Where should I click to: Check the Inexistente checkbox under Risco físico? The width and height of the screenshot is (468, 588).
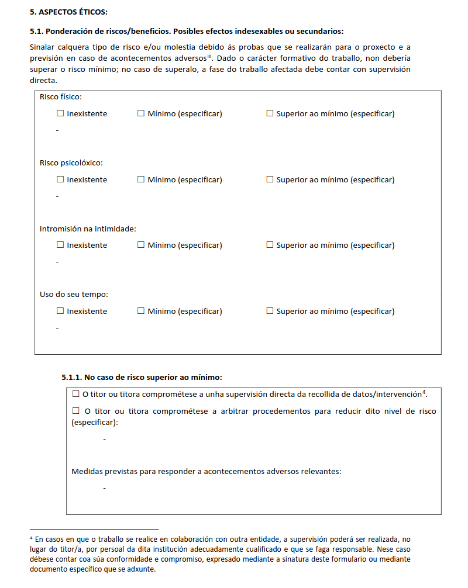point(60,113)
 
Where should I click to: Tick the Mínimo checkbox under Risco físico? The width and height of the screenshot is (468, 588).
point(140,113)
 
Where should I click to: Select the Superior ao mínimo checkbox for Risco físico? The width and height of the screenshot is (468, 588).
point(270,113)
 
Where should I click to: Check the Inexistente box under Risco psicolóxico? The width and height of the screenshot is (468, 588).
point(60,179)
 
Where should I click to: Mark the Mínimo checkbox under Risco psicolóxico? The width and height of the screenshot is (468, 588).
point(140,179)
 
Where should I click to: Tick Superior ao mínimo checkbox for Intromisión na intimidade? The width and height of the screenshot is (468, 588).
point(270,245)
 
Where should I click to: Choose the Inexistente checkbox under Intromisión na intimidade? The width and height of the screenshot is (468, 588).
point(60,245)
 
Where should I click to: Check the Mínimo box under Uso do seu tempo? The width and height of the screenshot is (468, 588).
point(140,311)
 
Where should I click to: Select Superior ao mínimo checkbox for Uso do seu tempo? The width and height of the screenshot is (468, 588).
point(270,311)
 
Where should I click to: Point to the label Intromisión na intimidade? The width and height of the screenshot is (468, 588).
point(88,229)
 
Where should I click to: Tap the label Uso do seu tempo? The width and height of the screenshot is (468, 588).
point(74,295)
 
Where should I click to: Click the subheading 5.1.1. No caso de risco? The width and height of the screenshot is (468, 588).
point(142,377)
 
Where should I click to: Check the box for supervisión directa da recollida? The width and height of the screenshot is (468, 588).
point(75,394)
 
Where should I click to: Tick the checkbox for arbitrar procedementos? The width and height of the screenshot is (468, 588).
point(75,411)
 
